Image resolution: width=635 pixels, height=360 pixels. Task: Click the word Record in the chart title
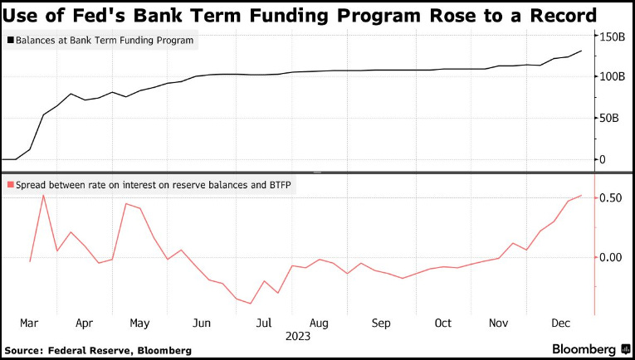(x=558, y=15)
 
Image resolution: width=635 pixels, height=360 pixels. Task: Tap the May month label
(x=139, y=323)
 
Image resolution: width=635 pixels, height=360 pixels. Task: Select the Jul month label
(x=264, y=323)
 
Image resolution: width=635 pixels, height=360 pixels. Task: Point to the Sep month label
(x=381, y=323)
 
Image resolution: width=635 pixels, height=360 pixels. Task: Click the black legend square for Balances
(x=9, y=40)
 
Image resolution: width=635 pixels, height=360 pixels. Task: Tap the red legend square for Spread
(x=9, y=185)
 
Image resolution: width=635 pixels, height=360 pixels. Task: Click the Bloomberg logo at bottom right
(x=588, y=349)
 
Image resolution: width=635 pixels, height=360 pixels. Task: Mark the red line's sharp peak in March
(x=43, y=195)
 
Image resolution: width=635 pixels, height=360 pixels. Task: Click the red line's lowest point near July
(x=251, y=304)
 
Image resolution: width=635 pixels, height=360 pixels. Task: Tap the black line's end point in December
(x=581, y=51)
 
